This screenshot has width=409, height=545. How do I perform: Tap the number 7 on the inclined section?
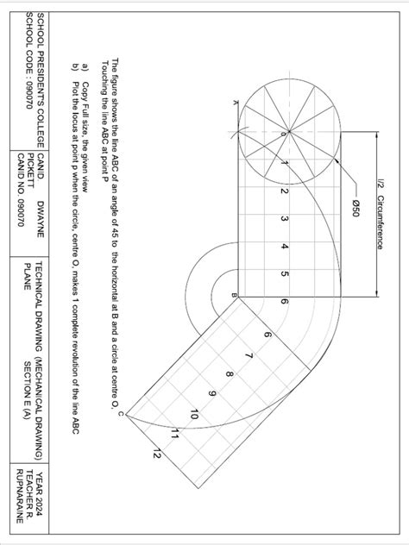pos(248,356)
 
